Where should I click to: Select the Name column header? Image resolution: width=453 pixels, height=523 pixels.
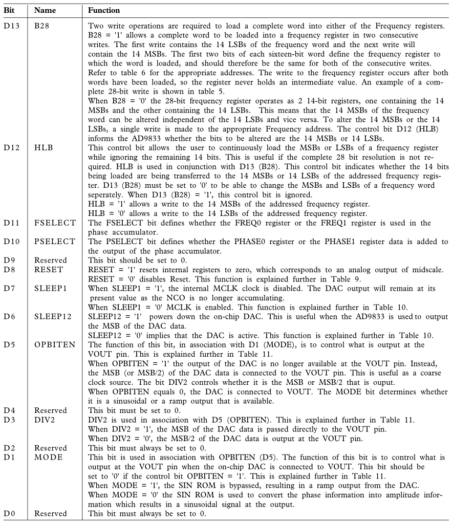(45, 10)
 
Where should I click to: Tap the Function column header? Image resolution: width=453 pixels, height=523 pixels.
(104, 10)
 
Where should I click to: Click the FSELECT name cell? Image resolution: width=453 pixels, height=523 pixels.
(55, 223)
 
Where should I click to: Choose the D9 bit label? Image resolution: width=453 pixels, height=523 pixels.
(9, 260)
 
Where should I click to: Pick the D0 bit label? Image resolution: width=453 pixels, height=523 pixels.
(9, 513)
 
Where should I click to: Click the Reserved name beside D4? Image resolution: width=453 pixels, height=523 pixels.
(50, 410)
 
